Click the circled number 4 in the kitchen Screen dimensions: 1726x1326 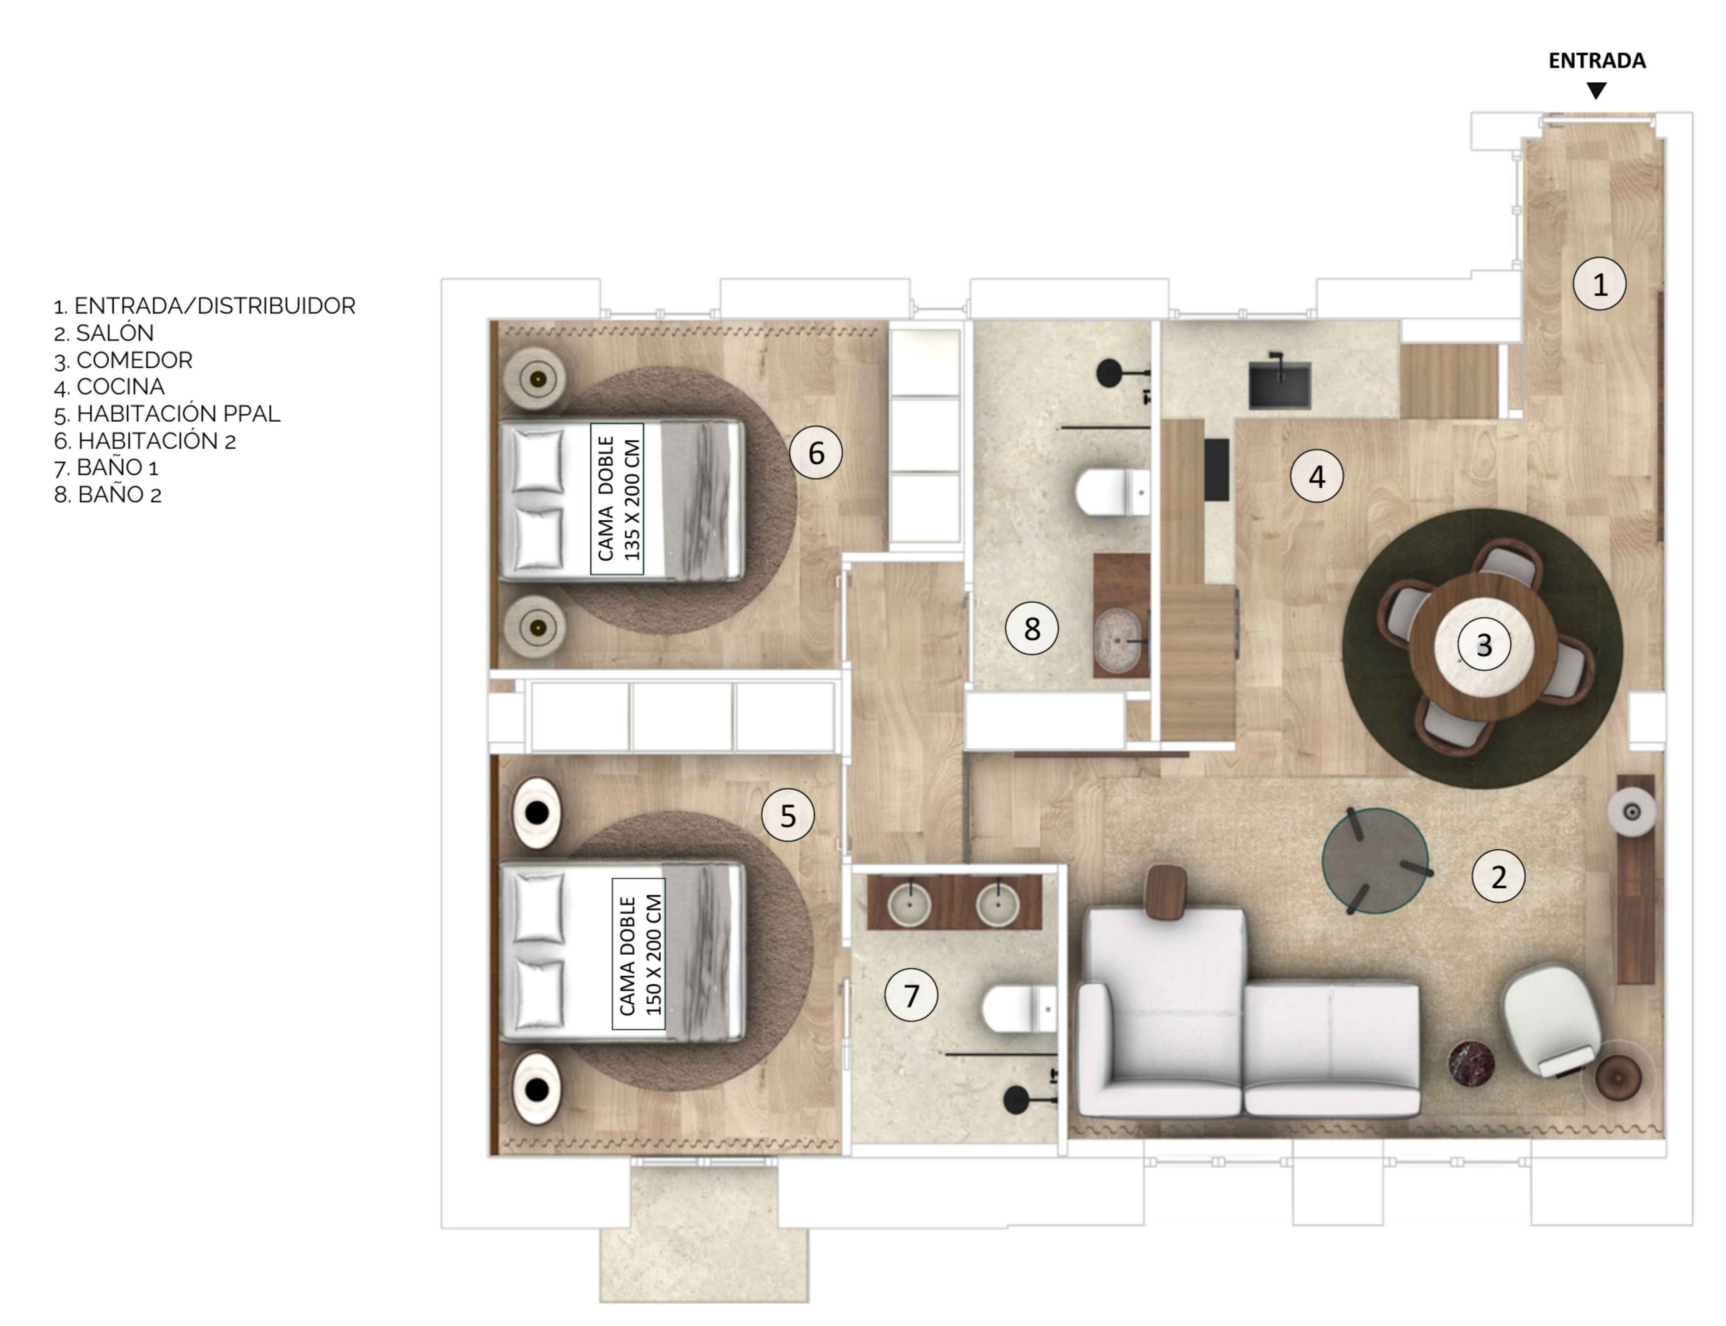coord(1317,476)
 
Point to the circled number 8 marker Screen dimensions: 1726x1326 coord(1031,628)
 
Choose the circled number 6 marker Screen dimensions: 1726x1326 coord(816,453)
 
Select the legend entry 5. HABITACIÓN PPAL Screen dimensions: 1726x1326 coord(167,414)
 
